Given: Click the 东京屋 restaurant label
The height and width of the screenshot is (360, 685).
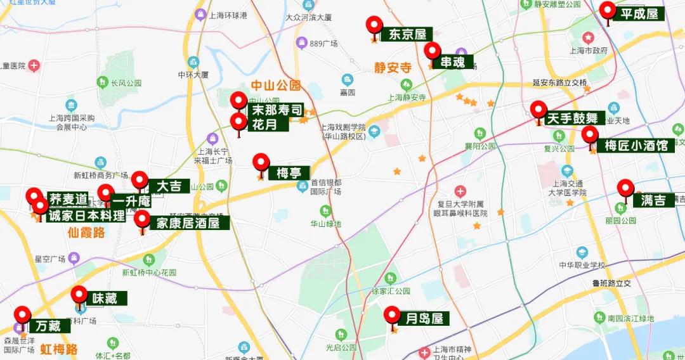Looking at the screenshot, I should point(407,34).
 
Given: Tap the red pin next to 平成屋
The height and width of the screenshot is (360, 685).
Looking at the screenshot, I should point(608,11).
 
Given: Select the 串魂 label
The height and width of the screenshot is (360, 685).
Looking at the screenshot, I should point(453,62).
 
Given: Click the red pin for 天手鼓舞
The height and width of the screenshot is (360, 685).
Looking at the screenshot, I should point(538,110).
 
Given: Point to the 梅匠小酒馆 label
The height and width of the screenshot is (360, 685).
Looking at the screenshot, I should point(636,146).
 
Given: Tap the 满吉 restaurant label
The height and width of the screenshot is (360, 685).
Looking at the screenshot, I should point(653,200).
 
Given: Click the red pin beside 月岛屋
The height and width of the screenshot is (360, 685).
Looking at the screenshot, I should point(392,315).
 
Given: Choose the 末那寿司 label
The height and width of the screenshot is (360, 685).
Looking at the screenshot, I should point(277,110).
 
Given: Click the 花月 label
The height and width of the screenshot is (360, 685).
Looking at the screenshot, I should point(265,124).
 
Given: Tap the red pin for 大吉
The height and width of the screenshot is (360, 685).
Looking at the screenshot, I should point(139,179).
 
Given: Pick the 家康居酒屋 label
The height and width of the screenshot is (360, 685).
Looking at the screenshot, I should point(188,223).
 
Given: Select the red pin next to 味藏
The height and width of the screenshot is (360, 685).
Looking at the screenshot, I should point(79,295).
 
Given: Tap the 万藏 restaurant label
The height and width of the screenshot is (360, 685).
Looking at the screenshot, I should point(48,326).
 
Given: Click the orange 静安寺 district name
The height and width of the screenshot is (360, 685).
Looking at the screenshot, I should point(393,68).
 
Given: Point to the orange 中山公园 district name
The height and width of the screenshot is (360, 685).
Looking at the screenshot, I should point(275,86).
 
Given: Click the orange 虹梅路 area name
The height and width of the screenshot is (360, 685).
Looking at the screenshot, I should point(58,349).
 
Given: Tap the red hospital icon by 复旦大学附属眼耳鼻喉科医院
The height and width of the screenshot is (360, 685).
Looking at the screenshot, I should point(460,191).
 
